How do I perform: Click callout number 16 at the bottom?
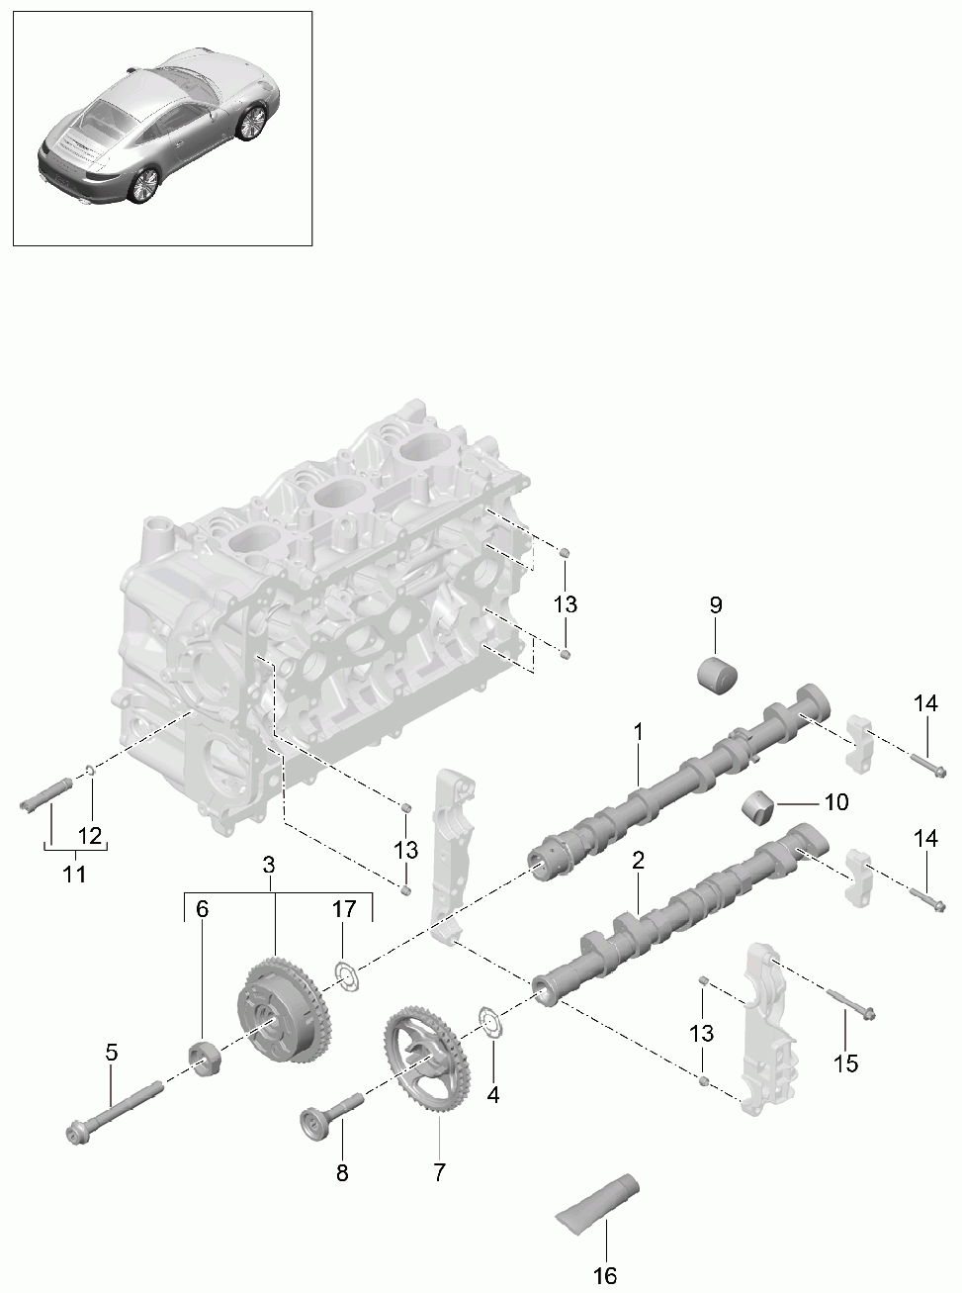[x=605, y=1275]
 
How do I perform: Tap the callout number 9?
[x=716, y=604]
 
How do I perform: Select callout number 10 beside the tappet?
[x=836, y=802]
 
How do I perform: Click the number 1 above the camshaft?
[x=638, y=731]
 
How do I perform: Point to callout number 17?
[x=344, y=908]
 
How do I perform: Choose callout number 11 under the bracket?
[x=74, y=874]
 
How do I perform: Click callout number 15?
[x=846, y=1063]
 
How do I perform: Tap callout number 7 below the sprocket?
[x=439, y=1171]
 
